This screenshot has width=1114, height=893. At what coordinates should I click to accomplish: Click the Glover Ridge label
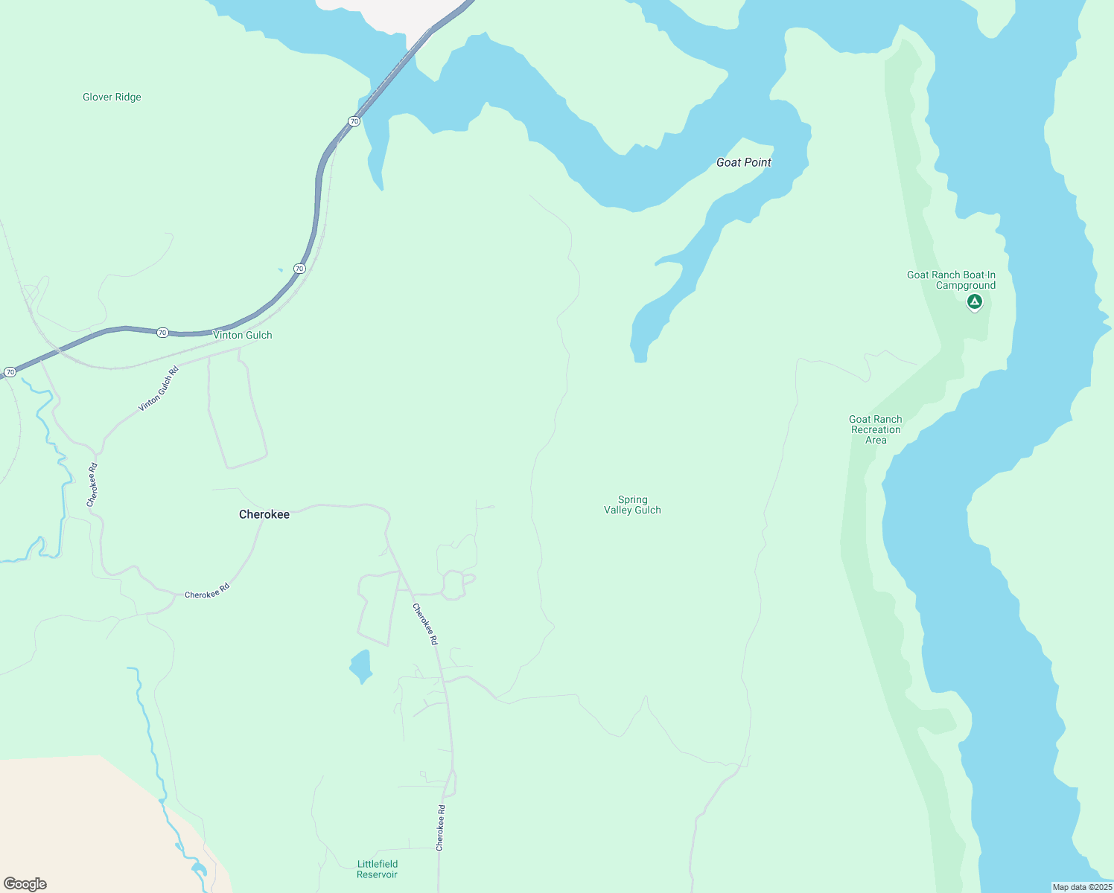click(x=112, y=97)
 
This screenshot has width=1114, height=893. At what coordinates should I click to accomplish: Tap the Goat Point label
click(x=743, y=162)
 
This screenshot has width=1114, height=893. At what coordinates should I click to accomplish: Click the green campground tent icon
click(x=974, y=302)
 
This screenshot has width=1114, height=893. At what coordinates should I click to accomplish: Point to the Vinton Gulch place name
click(x=243, y=335)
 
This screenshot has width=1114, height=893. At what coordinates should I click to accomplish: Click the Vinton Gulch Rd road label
click(x=159, y=389)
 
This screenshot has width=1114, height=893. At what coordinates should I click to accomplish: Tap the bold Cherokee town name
click(x=264, y=514)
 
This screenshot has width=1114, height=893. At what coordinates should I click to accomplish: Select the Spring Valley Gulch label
click(x=632, y=505)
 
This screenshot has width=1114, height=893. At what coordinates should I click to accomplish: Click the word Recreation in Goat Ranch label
click(x=876, y=429)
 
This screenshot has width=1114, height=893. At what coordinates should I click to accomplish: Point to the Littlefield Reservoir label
click(x=378, y=869)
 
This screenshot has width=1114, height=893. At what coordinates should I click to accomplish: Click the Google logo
click(x=25, y=884)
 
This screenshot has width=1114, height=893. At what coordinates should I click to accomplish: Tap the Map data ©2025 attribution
click(x=1081, y=887)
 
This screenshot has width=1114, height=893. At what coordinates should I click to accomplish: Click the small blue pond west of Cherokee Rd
click(x=360, y=665)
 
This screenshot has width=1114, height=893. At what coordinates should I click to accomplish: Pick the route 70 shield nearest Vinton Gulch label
click(x=162, y=332)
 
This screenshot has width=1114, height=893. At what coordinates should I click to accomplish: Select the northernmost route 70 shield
click(x=354, y=121)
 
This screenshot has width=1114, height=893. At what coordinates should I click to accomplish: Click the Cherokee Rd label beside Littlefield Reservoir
click(x=440, y=828)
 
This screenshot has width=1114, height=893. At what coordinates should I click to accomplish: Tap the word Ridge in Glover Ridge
click(x=127, y=97)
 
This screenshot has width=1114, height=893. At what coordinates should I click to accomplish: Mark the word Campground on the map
click(x=966, y=286)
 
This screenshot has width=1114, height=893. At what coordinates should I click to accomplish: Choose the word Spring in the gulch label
click(x=632, y=499)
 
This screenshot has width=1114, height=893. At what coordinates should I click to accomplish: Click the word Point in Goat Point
click(x=758, y=162)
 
